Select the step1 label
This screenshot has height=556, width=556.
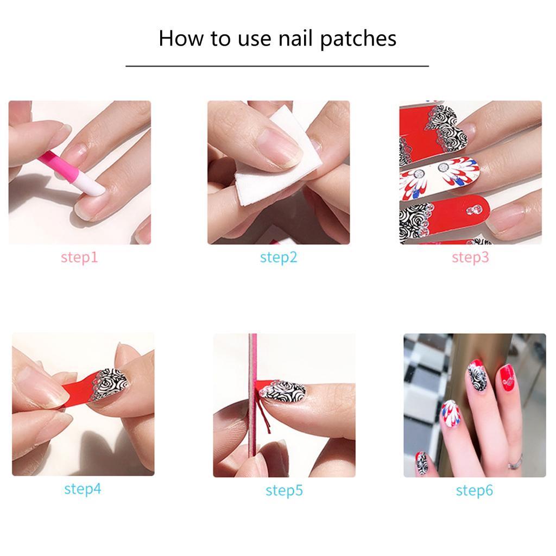coord(79,257)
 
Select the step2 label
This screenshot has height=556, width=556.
coord(279,257)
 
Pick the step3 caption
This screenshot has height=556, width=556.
coord(470,257)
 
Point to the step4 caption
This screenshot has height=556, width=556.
coord(83,489)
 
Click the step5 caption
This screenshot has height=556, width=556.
coord(283,490)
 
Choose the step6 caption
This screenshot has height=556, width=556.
coord(474,491)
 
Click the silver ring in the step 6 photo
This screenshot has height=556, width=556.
coord(514,463)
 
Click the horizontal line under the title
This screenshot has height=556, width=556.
coord(277,66)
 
